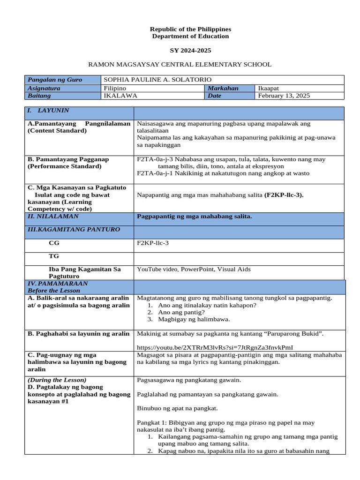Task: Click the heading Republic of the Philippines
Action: coord(190,29)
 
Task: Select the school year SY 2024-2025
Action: coord(190,50)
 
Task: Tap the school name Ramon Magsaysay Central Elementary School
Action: coord(180,64)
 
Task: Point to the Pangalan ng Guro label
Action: coord(55,80)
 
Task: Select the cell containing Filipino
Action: coord(115,88)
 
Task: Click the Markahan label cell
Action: coord(224,88)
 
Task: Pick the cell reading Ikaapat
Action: coord(269,88)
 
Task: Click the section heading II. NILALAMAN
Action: coord(53,217)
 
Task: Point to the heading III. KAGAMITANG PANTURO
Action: coord(74,230)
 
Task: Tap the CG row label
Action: coord(54,244)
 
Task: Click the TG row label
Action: coord(54,256)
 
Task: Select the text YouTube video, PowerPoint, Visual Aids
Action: coord(194,269)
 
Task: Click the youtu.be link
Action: coord(215,347)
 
